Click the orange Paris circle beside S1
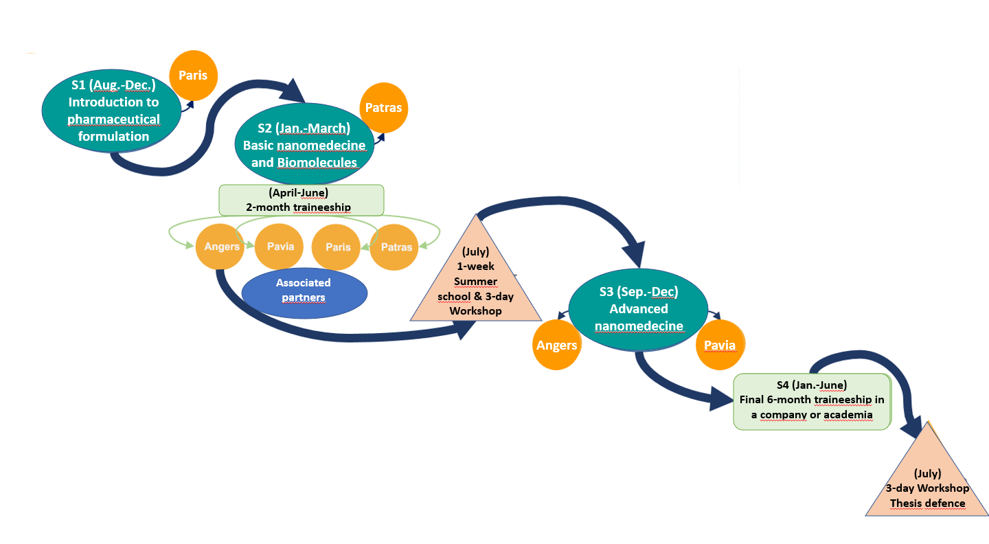click(x=193, y=75)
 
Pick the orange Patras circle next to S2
click(x=383, y=108)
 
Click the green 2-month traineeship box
click(x=301, y=199)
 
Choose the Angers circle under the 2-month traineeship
click(x=220, y=247)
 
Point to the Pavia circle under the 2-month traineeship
click(x=279, y=246)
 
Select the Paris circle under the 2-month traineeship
click(x=337, y=247)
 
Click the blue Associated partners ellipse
click(x=304, y=291)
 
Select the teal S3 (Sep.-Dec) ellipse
click(x=638, y=308)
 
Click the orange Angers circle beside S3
click(x=557, y=345)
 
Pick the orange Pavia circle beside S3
click(x=720, y=345)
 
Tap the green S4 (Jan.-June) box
click(x=811, y=402)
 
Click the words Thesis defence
click(x=927, y=503)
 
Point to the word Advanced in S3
click(x=639, y=308)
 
